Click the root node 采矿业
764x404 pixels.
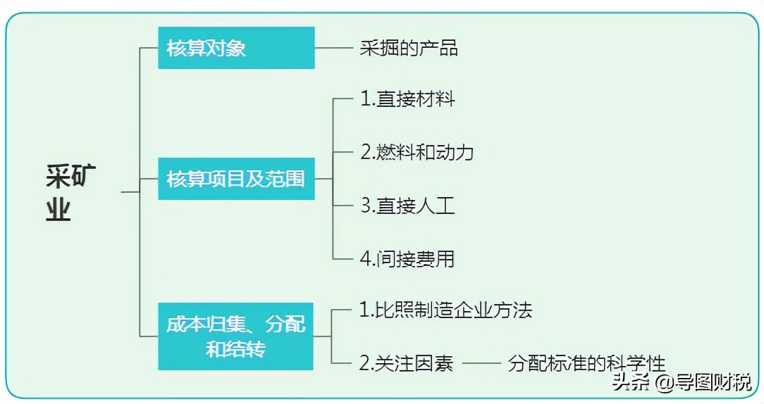coord(69,192)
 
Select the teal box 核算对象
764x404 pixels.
coord(236,48)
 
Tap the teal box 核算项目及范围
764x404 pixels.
coord(236,179)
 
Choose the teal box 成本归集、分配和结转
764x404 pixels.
coord(236,336)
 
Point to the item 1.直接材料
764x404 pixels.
coord(407,99)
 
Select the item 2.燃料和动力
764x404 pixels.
coord(417,152)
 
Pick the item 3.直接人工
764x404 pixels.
coord(407,206)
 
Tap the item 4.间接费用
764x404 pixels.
coord(407,258)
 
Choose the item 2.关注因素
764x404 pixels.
coord(407,364)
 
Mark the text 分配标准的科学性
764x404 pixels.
coord(586,364)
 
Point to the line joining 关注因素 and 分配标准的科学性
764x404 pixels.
coord(480,364)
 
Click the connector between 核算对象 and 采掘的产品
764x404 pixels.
coord(334,48)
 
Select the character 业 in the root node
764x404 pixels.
coord(59,209)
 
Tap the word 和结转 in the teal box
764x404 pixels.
coord(236,348)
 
